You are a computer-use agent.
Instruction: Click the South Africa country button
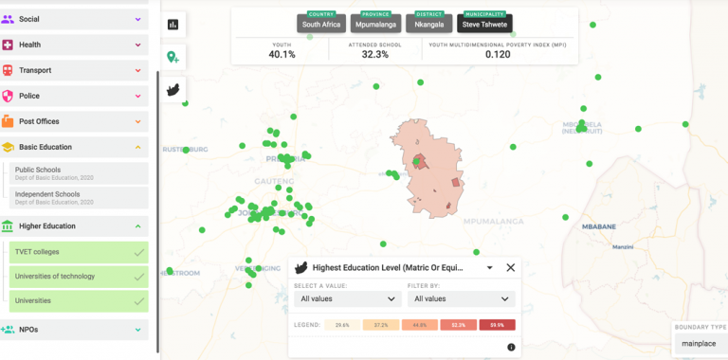320,24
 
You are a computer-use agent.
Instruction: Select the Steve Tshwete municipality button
484,24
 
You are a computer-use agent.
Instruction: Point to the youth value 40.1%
282,54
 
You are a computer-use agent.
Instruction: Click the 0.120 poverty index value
498,54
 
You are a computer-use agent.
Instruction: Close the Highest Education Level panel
510,268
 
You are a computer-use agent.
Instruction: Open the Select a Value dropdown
347,298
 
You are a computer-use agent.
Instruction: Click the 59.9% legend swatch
497,325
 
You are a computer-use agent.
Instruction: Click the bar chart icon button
173,25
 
